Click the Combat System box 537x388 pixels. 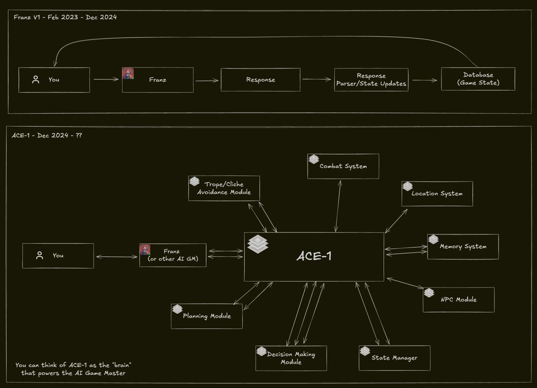(343, 166)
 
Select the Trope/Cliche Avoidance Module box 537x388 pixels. (224, 188)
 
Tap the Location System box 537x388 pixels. (437, 194)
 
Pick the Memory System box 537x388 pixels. (463, 247)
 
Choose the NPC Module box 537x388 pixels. (458, 300)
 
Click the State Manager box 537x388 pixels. (394, 358)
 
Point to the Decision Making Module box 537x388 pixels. (291, 358)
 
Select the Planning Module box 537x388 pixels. (207, 316)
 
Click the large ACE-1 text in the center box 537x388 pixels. (314, 256)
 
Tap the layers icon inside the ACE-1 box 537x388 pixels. (258, 244)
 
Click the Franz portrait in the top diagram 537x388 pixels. (128, 74)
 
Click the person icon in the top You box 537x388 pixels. (36, 80)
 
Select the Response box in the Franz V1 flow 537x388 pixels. (260, 80)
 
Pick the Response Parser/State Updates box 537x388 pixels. (371, 80)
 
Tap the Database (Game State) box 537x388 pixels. (478, 79)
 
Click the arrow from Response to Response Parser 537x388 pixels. (317, 79)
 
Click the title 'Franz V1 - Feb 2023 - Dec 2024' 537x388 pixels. (65, 17)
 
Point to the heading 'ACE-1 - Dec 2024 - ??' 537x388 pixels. (47, 136)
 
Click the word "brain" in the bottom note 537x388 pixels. (122, 365)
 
